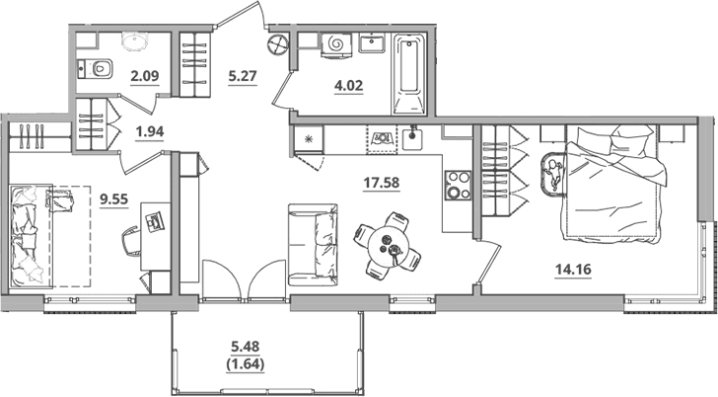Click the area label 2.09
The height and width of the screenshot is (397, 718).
click(145, 76)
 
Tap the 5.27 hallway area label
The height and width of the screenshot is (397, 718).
click(243, 76)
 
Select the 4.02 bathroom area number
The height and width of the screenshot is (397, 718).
click(348, 85)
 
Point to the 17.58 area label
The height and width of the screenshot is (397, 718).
click(382, 183)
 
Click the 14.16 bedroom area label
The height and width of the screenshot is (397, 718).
click(573, 269)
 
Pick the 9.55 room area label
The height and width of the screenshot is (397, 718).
click(114, 199)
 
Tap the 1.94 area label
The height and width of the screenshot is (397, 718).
click(150, 131)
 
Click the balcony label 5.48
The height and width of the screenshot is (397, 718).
click(246, 347)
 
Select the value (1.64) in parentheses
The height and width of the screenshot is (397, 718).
click(246, 364)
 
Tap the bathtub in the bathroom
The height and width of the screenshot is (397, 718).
click(409, 73)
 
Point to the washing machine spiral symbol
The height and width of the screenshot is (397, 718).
click(336, 44)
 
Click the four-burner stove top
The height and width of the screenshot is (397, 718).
click(458, 186)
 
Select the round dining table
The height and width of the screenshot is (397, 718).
click(387, 245)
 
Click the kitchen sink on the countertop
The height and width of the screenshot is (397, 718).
click(414, 138)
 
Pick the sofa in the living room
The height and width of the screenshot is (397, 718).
click(313, 245)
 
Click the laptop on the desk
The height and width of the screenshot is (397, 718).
click(154, 221)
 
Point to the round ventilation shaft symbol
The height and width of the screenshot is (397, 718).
click(278, 44)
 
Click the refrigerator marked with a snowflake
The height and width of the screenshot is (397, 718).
click(309, 139)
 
